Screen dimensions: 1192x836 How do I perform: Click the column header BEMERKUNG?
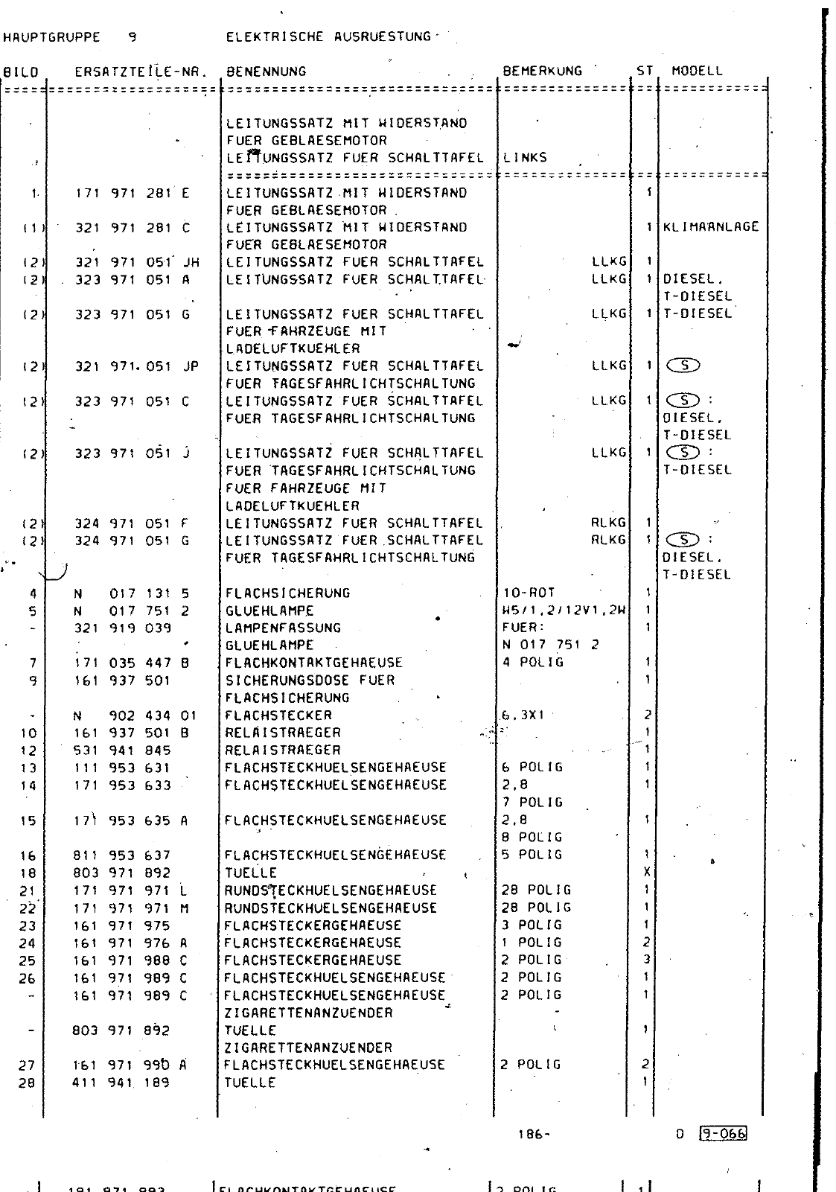[542, 71]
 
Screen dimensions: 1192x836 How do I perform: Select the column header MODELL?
[697, 71]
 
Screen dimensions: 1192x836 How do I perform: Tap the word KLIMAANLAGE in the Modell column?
[711, 227]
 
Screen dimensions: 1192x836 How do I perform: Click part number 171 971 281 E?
[133, 193]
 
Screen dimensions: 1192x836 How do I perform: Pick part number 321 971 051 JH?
[137, 262]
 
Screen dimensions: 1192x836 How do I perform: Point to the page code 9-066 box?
[724, 1134]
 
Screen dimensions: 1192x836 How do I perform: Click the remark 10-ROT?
[529, 593]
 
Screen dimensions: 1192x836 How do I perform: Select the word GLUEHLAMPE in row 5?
[269, 611]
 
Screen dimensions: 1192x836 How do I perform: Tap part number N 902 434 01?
[135, 715]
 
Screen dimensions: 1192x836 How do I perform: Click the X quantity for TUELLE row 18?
[647, 873]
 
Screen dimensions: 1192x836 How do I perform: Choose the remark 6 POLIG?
[532, 767]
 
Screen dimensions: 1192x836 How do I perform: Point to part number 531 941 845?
[122, 750]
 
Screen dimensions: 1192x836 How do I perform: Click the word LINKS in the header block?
[525, 158]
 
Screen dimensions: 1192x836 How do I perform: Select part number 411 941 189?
[122, 1083]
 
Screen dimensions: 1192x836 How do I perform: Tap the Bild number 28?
[26, 1083]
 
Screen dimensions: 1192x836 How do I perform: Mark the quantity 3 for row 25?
[647, 960]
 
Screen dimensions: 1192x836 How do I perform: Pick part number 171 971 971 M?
[131, 908]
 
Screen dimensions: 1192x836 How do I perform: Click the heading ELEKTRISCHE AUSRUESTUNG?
[328, 36]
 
